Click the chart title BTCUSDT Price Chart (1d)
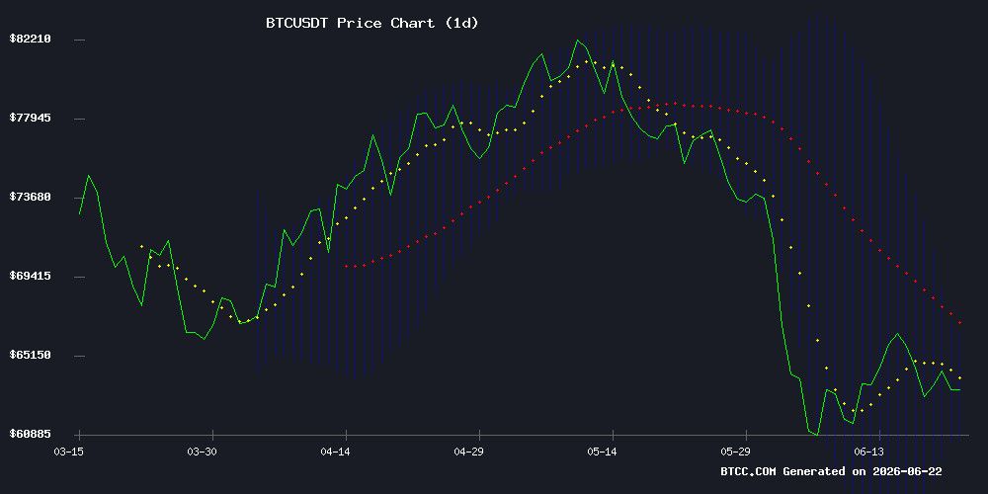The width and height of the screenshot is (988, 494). [372, 24]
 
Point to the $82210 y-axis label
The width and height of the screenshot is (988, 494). [30, 40]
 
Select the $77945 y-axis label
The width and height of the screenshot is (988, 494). [30, 118]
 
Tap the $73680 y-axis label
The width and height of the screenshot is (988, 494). [30, 197]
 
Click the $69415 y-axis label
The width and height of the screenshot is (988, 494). [30, 276]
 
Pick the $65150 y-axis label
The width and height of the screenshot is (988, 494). [30, 355]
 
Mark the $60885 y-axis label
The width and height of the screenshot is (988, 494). [30, 434]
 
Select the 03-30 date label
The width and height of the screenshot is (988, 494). [202, 452]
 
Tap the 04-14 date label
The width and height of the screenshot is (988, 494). [335, 452]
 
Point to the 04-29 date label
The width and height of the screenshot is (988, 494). [468, 452]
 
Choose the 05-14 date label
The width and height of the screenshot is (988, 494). [602, 452]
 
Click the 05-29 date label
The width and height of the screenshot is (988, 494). [735, 452]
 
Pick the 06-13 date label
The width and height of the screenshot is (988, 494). [868, 452]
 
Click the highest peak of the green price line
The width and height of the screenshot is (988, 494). [577, 41]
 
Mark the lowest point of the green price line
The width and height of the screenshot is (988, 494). [817, 434]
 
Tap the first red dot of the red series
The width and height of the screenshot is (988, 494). [346, 266]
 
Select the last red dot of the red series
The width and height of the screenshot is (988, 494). [959, 323]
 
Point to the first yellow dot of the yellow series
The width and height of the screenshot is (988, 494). [141, 246]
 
